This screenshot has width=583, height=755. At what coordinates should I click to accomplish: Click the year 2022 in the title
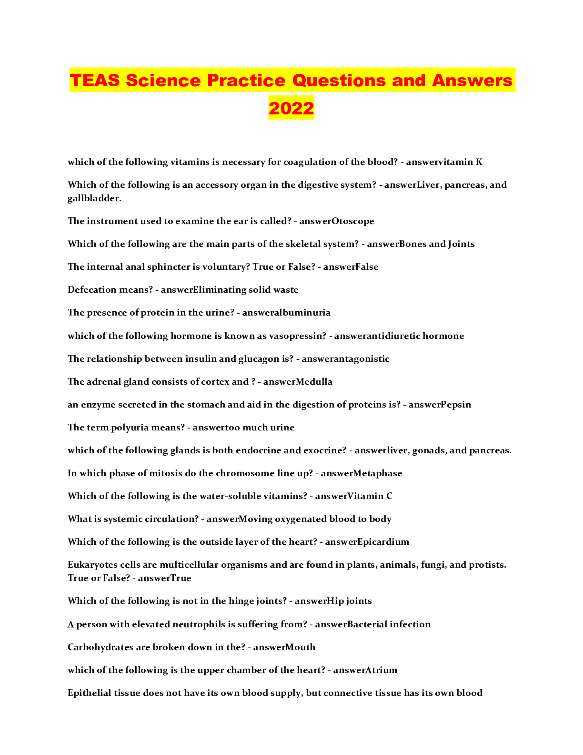(291, 108)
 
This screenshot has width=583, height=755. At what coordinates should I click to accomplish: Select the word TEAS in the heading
(95, 80)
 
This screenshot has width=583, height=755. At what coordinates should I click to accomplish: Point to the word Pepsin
(456, 404)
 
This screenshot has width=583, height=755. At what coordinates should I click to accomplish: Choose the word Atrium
(381, 670)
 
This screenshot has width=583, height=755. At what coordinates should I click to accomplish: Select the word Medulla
(314, 381)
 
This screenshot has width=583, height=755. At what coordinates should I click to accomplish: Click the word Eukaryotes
(89, 565)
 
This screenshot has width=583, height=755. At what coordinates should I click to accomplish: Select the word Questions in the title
(339, 80)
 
